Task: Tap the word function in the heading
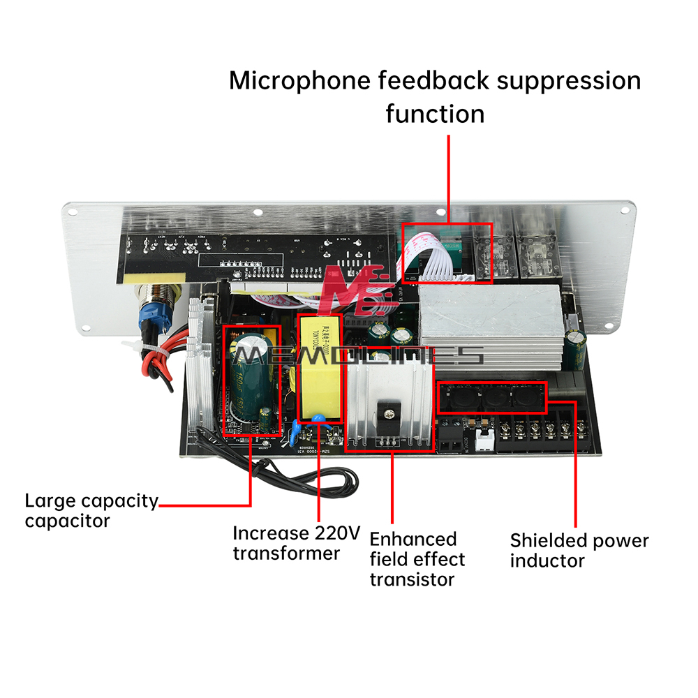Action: coord(435,113)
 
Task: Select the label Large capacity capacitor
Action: coord(91,510)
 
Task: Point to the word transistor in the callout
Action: coord(412,579)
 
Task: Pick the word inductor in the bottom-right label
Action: coord(547,560)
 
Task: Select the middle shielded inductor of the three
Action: coord(494,399)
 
